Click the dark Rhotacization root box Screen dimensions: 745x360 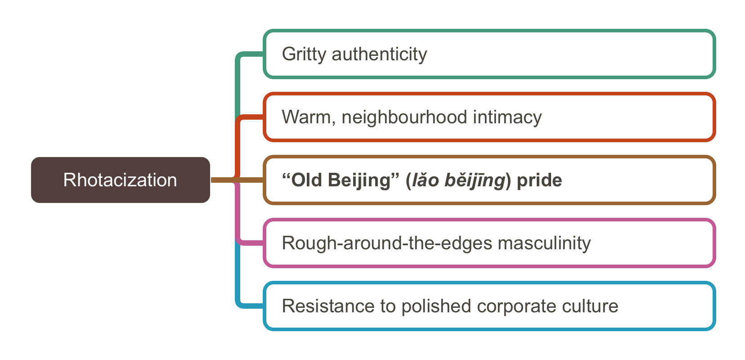click(121, 180)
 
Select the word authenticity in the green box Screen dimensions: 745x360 click(380, 54)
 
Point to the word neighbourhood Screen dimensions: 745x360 click(404, 117)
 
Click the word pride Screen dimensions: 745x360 click(539, 180)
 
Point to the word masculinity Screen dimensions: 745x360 click(544, 243)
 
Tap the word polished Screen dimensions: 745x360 click(436, 306)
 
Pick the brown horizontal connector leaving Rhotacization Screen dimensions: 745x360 click(237, 180)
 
